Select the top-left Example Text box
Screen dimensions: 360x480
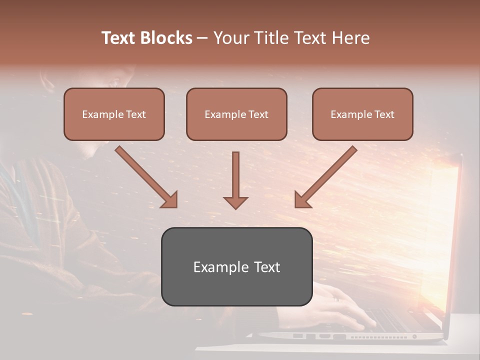click(x=114, y=114)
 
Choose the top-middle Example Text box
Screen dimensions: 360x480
click(x=236, y=114)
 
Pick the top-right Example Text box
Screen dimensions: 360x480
click(x=362, y=114)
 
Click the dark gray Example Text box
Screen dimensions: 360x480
click(x=236, y=266)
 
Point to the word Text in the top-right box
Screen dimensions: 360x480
click(x=384, y=114)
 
